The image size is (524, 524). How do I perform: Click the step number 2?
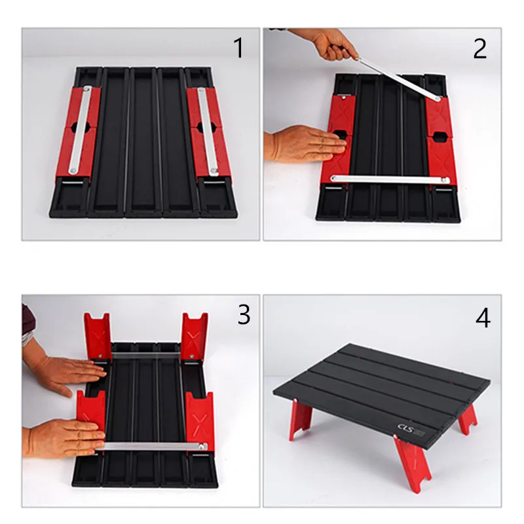480,48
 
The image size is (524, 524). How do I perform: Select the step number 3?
243,315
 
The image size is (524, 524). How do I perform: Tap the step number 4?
483,318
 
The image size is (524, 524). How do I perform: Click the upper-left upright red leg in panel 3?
96,334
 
